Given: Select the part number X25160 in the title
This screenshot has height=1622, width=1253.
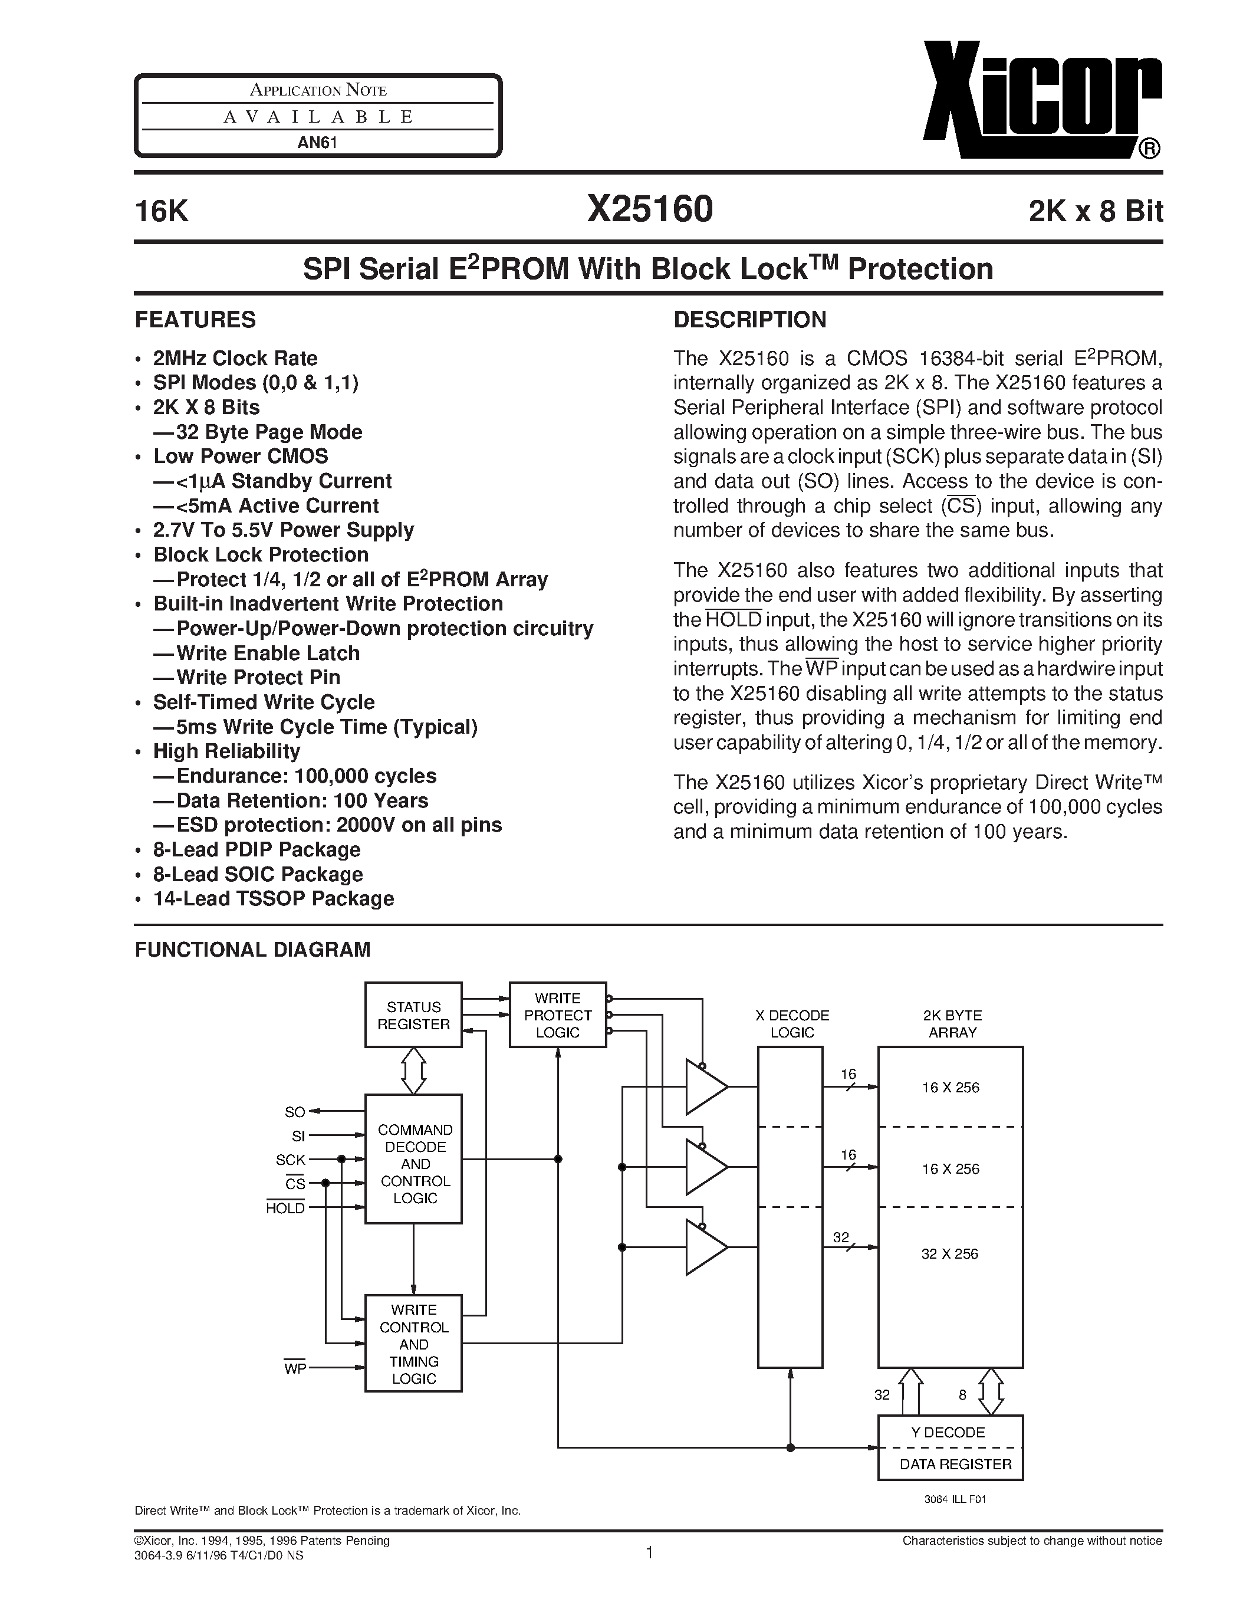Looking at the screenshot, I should [x=650, y=209].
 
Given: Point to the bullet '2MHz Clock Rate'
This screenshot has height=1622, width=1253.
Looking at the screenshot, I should [x=235, y=358].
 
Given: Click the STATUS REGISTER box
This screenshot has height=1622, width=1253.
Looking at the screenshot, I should [x=413, y=1014].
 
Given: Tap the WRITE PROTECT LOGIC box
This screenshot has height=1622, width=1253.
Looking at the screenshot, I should [x=557, y=1014].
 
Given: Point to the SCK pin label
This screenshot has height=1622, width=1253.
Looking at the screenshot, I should [x=290, y=1160].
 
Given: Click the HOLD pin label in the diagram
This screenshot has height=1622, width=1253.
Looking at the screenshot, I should [x=286, y=1209].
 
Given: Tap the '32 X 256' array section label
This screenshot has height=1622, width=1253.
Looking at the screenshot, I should [x=949, y=1253].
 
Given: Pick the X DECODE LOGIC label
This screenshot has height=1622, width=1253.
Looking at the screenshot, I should [x=791, y=1023].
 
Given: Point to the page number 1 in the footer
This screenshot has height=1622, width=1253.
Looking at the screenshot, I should [x=649, y=1552].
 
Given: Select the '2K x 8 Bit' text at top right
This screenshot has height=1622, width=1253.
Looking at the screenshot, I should [x=1095, y=212].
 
